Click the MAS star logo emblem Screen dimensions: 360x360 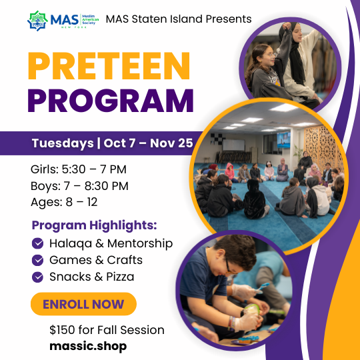37,21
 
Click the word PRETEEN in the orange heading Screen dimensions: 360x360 109,66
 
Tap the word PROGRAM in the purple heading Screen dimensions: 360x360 111,101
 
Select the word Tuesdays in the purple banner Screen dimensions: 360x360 63,143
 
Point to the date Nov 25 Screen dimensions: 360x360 171,143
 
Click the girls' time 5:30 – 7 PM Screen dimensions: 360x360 94,169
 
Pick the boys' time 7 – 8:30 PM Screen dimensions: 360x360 96,186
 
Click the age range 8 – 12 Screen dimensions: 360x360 81,202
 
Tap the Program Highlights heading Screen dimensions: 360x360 95,225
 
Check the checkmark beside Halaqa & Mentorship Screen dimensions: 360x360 37,243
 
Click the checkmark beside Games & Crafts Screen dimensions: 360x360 37,260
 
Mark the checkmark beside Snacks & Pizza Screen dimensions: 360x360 37,277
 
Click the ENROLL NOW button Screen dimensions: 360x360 83,304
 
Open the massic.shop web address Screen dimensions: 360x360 88,346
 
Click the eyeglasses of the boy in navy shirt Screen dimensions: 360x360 229,267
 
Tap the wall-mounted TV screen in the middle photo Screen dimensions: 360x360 283,140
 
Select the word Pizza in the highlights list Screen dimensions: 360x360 120,277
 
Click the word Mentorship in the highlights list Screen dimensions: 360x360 140,243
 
